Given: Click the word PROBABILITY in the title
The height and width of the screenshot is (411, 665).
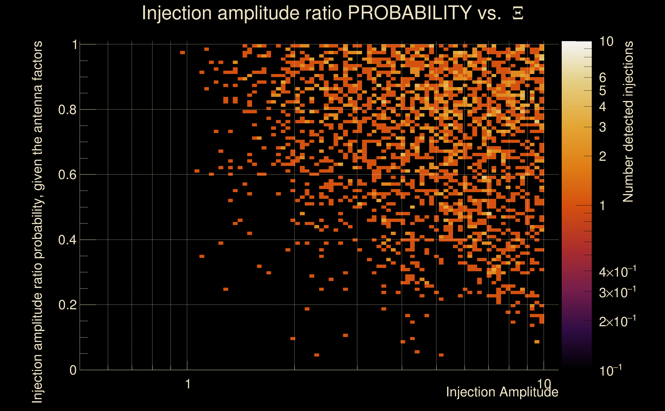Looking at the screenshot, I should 410,13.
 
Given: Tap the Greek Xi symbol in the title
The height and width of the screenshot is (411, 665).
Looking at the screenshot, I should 518,13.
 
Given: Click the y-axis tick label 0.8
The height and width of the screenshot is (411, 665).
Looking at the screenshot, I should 67,110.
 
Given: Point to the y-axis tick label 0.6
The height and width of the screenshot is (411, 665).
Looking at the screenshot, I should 67,175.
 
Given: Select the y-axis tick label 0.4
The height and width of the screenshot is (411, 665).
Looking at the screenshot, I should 67,240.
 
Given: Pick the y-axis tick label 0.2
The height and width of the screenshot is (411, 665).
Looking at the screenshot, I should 67,305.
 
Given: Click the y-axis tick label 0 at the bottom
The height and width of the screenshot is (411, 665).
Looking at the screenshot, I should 73,370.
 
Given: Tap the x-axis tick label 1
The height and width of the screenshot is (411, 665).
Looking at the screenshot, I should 188,384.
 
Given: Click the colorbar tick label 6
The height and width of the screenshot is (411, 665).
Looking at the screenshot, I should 603,78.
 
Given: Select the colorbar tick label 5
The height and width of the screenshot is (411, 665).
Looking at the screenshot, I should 603,91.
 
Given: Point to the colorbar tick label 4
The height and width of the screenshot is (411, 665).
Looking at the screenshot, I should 603,107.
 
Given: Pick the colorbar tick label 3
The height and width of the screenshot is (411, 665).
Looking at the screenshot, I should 603,127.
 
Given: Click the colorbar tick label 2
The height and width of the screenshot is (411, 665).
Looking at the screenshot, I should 603,156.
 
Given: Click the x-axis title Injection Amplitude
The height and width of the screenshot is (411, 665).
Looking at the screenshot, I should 502,392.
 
